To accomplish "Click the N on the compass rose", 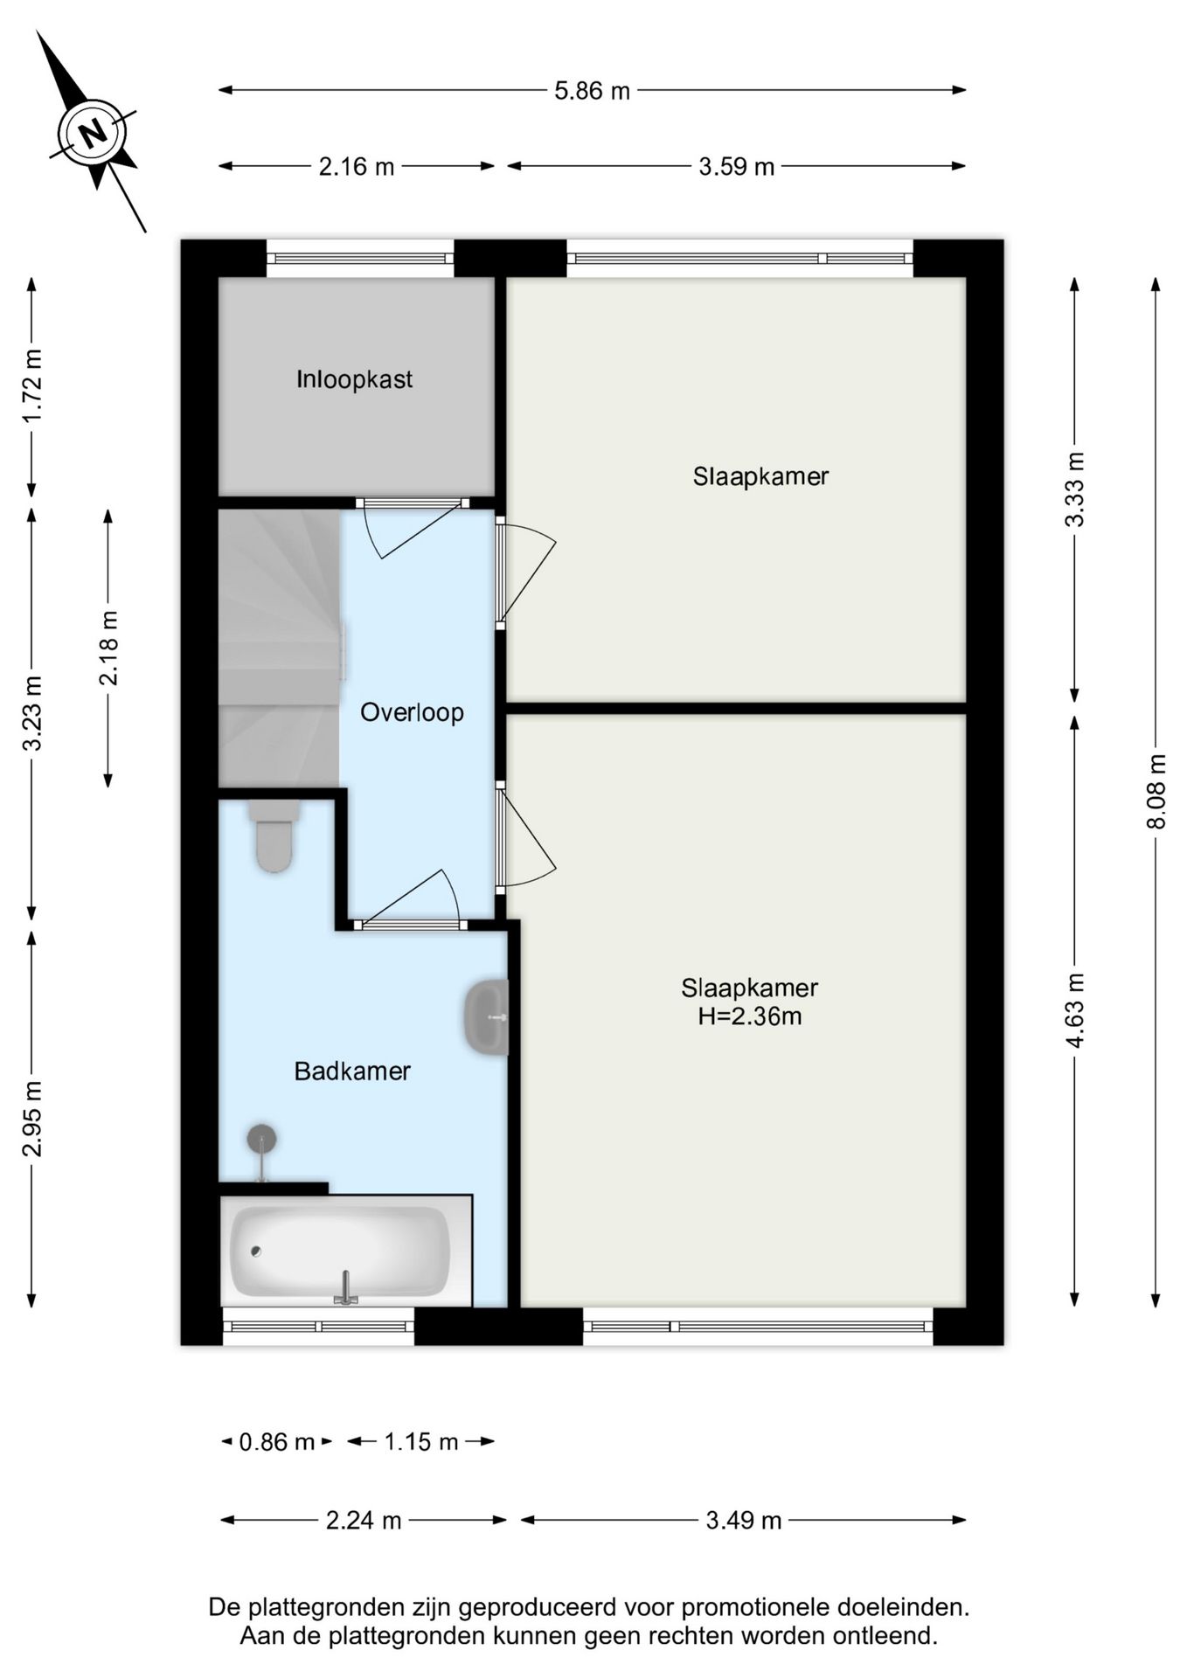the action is (93, 134).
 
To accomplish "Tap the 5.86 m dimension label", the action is (592, 90).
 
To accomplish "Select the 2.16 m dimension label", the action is (357, 166).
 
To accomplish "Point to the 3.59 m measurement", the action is (736, 166).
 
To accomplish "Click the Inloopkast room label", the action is (354, 379).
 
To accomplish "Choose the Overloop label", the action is (412, 712).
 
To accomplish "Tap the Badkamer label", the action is (352, 1071).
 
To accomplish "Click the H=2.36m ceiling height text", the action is (749, 1016).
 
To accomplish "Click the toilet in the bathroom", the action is (274, 836).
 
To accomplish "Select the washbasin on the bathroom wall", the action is (487, 1017).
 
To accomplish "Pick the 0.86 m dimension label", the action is (276, 1441).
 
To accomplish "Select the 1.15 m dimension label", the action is (421, 1441).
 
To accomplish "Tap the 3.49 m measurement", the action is (743, 1521).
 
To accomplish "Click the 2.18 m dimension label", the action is (108, 648).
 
